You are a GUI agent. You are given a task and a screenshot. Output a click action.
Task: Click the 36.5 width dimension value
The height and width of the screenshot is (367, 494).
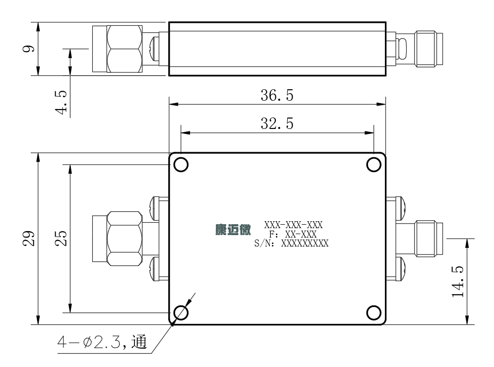point(277,95)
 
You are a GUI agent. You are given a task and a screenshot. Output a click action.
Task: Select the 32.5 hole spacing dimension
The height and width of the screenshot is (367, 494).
point(277,123)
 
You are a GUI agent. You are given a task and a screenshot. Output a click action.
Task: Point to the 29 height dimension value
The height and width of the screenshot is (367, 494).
point(29,239)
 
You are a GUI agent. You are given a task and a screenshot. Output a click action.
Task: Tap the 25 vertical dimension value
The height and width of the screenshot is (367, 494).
point(61,239)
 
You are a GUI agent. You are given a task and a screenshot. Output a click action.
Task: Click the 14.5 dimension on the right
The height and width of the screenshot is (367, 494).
point(458,282)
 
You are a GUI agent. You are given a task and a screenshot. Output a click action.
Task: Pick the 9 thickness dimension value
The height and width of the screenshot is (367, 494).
point(29,49)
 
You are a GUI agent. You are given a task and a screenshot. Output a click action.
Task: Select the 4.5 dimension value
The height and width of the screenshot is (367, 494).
point(61,102)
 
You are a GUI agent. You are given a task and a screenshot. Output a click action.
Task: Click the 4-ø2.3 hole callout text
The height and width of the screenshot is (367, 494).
point(102,342)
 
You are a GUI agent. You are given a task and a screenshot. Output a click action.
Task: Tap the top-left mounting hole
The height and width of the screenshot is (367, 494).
point(181,165)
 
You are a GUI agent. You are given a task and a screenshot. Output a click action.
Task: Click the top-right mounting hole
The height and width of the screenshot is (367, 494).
point(373,165)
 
